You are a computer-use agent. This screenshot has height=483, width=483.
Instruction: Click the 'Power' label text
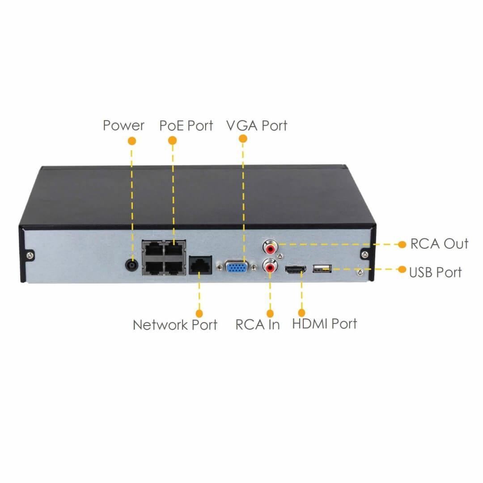(123, 126)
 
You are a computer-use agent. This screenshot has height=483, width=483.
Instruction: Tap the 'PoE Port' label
(186, 126)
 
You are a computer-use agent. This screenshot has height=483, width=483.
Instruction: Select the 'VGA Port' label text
(257, 126)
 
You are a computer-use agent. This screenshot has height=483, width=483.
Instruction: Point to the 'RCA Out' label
(439, 244)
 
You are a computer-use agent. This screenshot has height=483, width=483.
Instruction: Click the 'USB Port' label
(436, 272)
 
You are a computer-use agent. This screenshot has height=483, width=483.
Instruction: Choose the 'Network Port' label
(175, 325)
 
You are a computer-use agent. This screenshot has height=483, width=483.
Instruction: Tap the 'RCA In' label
(258, 325)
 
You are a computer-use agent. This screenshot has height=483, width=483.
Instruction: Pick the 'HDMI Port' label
(324, 324)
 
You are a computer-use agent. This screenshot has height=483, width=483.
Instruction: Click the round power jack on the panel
(132, 265)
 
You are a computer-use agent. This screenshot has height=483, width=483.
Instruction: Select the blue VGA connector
(237, 267)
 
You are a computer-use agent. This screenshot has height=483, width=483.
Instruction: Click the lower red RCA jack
(270, 266)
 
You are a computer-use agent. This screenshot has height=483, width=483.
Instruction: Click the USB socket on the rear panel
(322, 269)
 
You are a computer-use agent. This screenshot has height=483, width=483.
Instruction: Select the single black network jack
(200, 264)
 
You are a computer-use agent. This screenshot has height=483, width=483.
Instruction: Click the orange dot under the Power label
(132, 141)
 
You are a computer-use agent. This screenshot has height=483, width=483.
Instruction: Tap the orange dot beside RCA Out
(402, 245)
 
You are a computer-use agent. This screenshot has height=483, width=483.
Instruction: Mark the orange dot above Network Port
(199, 314)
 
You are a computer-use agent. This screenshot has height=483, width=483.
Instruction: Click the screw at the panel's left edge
(30, 255)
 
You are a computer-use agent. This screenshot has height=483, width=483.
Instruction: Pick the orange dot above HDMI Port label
(301, 313)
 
